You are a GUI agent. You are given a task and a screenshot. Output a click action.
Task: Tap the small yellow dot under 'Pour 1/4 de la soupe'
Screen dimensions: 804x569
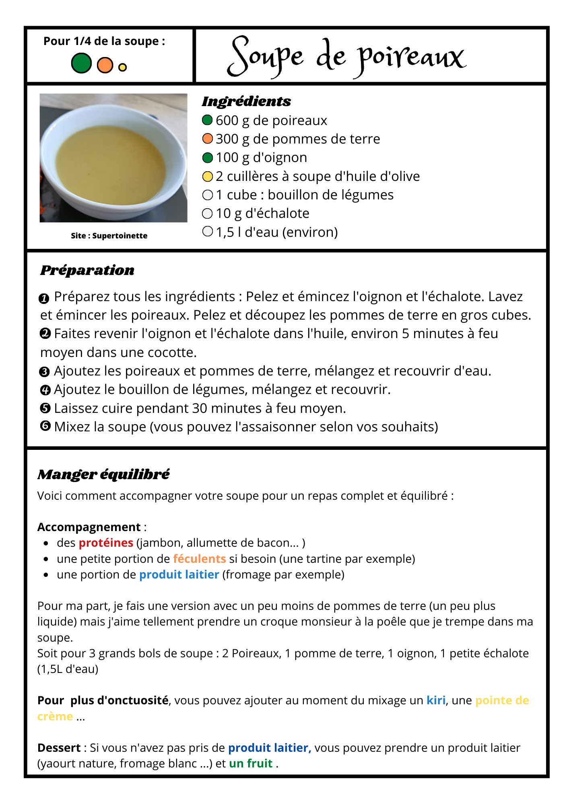(123, 68)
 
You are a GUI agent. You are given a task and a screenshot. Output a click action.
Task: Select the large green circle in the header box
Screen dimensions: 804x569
(81, 64)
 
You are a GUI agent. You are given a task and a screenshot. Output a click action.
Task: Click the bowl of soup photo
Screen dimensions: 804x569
(113, 158)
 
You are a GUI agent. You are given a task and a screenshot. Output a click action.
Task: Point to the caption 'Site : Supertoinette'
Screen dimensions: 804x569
(109, 236)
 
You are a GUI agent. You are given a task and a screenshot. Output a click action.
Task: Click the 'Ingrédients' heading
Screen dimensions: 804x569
(246, 101)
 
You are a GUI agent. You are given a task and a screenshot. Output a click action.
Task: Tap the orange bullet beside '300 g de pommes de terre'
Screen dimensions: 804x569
(207, 139)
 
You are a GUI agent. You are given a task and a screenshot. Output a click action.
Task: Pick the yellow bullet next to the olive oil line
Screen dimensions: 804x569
(207, 176)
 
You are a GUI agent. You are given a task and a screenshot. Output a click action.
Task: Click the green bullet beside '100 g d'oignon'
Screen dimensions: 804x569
(207, 158)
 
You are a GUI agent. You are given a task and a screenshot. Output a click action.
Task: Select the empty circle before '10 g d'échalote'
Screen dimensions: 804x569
(207, 213)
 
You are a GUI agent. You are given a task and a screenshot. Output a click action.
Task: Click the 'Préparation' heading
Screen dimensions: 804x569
(87, 270)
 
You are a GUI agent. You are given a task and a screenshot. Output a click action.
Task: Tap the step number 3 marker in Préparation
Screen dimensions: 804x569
(45, 371)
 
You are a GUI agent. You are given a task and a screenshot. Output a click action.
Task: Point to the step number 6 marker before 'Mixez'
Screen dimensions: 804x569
(45, 426)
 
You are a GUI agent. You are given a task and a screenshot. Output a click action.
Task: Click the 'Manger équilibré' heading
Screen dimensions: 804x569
(103, 474)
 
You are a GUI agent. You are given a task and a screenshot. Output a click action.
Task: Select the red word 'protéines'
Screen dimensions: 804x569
(106, 543)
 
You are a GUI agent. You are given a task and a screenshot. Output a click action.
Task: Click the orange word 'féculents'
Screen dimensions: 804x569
(199, 559)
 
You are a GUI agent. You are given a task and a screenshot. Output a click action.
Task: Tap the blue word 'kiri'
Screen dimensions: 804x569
(436, 700)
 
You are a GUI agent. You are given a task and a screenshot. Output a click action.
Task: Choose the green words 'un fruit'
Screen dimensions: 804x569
(251, 763)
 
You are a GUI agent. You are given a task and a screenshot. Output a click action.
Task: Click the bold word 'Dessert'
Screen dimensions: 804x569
(59, 748)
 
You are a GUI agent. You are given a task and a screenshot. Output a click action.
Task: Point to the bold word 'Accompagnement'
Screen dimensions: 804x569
(89, 527)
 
